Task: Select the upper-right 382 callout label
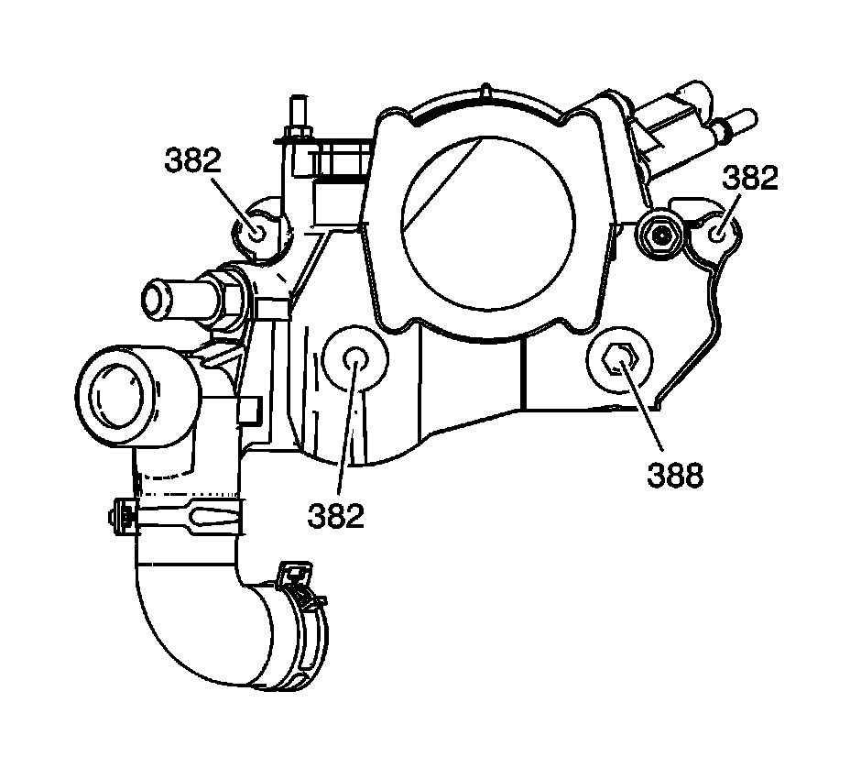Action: (750, 177)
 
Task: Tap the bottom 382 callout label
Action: (337, 515)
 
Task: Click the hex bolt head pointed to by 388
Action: (618, 362)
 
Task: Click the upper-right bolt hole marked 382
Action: (720, 234)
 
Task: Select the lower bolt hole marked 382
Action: (355, 358)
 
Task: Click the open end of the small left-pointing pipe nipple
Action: (155, 299)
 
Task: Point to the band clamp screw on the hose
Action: (123, 519)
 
